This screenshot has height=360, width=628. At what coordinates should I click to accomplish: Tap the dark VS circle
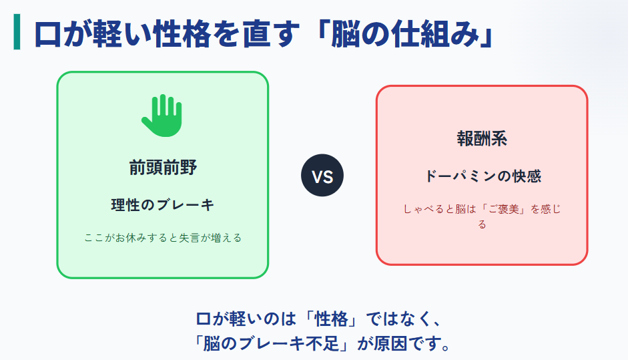tap(322, 176)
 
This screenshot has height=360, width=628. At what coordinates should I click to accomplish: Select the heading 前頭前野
tap(163, 168)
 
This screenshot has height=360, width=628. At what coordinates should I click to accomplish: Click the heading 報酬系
tap(482, 139)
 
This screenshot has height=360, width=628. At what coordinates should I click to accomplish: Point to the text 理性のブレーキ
tap(163, 205)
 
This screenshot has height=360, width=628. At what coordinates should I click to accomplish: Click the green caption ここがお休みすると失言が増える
tap(162, 237)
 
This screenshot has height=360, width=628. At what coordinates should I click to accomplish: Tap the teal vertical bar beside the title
tap(17, 33)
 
